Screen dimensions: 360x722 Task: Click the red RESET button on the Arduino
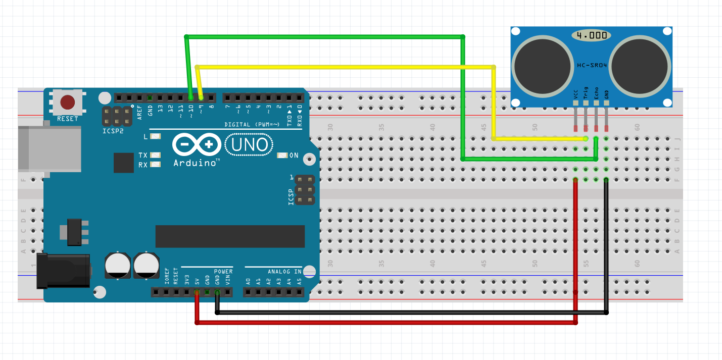68,102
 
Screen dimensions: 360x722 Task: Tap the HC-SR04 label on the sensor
592,66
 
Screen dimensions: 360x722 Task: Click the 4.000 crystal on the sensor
591,36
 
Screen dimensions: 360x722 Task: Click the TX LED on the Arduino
156,156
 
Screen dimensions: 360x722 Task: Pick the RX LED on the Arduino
156,165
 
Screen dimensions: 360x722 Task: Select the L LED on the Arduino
156,136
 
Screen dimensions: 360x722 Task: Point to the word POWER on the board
223,272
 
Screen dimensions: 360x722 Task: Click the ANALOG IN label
284,272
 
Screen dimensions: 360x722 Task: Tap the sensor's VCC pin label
575,94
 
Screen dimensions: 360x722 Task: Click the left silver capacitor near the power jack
118,266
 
